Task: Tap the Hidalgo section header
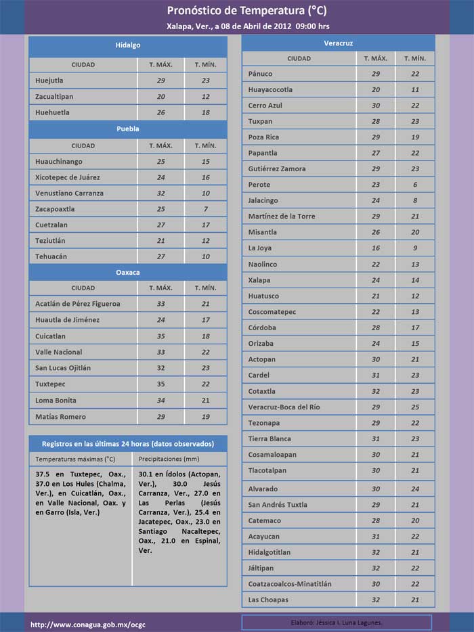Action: [127, 45]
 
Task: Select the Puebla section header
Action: [127, 128]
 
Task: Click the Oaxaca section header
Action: [127, 272]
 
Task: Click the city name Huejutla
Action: [51, 81]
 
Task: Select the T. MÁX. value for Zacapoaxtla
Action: [160, 209]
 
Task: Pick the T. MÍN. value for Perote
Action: [415, 185]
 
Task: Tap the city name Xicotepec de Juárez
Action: [68, 177]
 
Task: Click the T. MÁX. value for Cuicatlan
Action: [160, 336]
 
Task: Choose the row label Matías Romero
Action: [60, 417]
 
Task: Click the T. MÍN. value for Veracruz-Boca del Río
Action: [415, 407]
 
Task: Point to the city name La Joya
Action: [261, 248]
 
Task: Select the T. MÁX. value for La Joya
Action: [376, 248]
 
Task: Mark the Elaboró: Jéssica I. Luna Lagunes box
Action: [337, 622]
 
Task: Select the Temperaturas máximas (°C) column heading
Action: [75, 459]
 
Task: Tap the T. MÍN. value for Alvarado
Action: [415, 489]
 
